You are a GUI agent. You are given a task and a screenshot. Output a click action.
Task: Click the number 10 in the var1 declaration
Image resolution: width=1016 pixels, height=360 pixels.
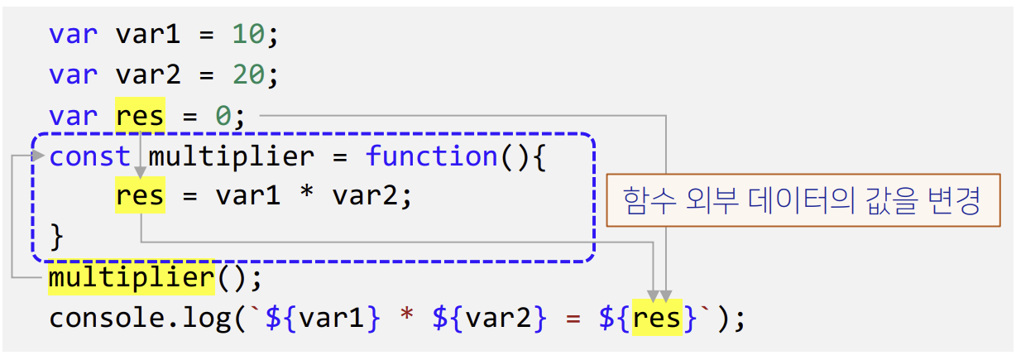[x=248, y=34]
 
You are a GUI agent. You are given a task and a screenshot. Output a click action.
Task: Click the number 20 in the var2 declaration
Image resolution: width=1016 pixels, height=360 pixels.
[x=248, y=74]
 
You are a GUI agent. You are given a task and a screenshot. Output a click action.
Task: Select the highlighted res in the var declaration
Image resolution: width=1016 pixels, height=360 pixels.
[x=140, y=115]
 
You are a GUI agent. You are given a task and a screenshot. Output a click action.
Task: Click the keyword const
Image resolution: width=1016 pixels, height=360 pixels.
[x=89, y=156]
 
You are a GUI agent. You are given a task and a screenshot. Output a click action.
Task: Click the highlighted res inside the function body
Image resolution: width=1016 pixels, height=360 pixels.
[x=140, y=196]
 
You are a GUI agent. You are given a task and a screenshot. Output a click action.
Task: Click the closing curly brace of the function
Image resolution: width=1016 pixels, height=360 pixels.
[x=56, y=236]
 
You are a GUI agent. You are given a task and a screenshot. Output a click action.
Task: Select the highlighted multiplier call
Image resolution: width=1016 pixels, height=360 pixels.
[x=131, y=276]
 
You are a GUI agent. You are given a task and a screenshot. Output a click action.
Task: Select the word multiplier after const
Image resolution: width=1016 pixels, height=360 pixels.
[x=231, y=156]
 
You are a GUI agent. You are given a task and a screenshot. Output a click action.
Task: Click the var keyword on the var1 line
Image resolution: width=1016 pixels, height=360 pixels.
[x=73, y=34]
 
